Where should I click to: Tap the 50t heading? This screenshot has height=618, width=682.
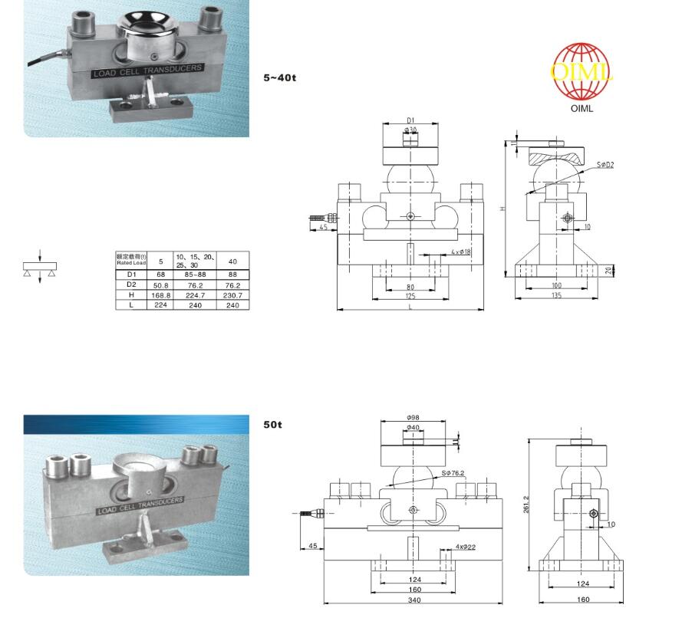click(x=272, y=424)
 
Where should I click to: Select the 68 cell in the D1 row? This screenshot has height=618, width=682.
click(x=161, y=274)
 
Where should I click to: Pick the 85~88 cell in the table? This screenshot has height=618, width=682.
click(x=196, y=274)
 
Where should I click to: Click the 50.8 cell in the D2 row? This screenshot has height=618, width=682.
click(x=161, y=284)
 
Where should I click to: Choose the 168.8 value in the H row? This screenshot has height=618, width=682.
click(x=161, y=294)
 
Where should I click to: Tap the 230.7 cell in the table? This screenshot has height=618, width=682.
click(x=233, y=294)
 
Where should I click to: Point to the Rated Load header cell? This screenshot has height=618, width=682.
click(x=131, y=259)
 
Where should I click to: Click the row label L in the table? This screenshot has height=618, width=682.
click(x=131, y=304)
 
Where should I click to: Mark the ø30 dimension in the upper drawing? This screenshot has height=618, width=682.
click(x=410, y=130)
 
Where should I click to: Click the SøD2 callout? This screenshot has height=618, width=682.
click(x=605, y=165)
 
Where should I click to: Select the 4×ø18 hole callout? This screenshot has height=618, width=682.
click(x=461, y=251)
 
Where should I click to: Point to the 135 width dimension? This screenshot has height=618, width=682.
click(x=556, y=295)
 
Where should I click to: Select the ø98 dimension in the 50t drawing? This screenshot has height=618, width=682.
click(x=413, y=417)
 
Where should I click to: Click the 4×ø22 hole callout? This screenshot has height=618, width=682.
click(x=466, y=547)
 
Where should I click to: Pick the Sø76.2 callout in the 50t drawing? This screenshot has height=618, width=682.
click(x=453, y=473)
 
